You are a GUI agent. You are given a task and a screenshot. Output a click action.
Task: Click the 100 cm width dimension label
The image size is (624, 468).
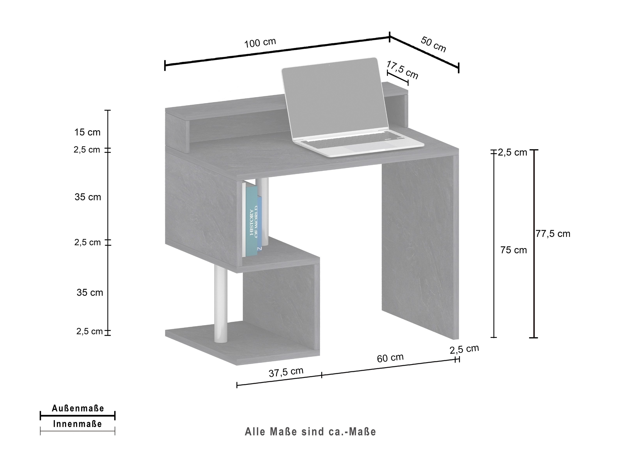[x=260, y=43]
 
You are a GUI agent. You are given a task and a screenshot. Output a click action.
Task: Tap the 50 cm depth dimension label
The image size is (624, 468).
[x=433, y=45]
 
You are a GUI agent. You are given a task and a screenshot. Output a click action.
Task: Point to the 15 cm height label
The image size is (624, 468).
[x=87, y=132]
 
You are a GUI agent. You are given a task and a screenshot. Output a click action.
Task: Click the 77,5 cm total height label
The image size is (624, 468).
[x=553, y=234]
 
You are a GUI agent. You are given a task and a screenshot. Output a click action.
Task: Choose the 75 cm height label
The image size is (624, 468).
[x=514, y=250]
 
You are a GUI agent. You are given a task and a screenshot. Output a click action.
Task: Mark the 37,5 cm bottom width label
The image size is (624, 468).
[x=286, y=372]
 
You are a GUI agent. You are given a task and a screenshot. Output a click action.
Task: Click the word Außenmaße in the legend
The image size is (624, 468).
[x=78, y=408]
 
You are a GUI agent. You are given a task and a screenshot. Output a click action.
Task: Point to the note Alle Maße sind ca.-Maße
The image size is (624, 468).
[x=310, y=432]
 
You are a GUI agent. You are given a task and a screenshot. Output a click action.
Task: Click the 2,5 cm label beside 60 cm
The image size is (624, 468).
[x=464, y=349]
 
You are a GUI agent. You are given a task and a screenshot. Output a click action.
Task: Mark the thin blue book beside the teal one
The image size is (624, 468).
[x=260, y=223]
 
